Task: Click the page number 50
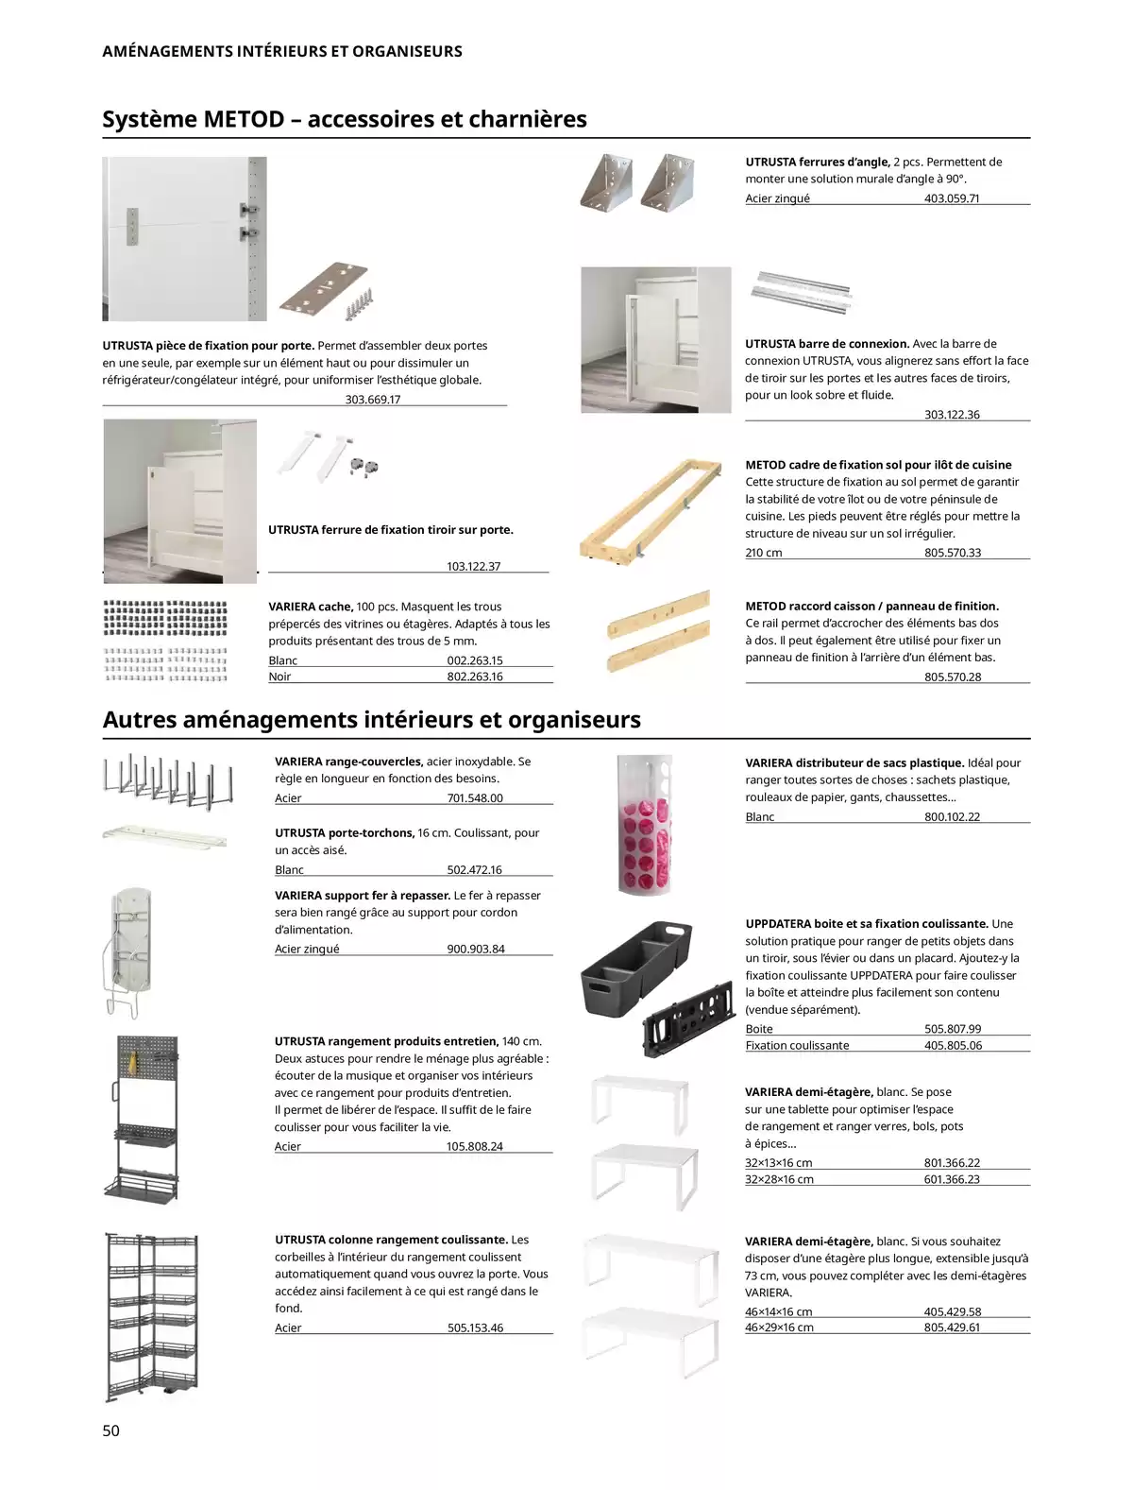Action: click(x=111, y=1430)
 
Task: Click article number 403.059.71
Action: click(x=952, y=198)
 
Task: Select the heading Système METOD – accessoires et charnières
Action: click(x=345, y=119)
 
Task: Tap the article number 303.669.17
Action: click(x=373, y=399)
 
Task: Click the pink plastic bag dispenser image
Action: click(x=645, y=824)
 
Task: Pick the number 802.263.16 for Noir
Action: click(x=475, y=676)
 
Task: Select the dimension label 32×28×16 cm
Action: click(x=779, y=1179)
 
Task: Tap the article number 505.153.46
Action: click(x=475, y=1327)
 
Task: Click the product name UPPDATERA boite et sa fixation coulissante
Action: click(x=867, y=924)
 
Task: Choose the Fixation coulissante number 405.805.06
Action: click(x=953, y=1045)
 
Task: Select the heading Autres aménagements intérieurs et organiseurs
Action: click(x=371, y=720)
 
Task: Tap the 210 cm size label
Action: click(x=764, y=553)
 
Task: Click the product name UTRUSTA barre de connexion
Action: click(x=827, y=344)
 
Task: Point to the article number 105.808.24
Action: click(x=475, y=1146)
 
